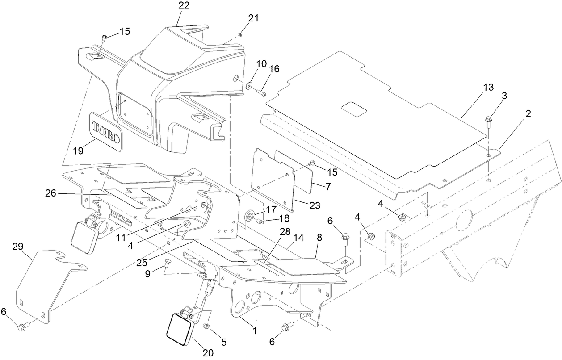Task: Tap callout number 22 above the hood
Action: (x=184, y=6)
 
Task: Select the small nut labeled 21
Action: (x=240, y=35)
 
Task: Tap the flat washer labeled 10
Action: (x=248, y=84)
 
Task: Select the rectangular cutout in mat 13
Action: (x=354, y=109)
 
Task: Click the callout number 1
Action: (x=255, y=331)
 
